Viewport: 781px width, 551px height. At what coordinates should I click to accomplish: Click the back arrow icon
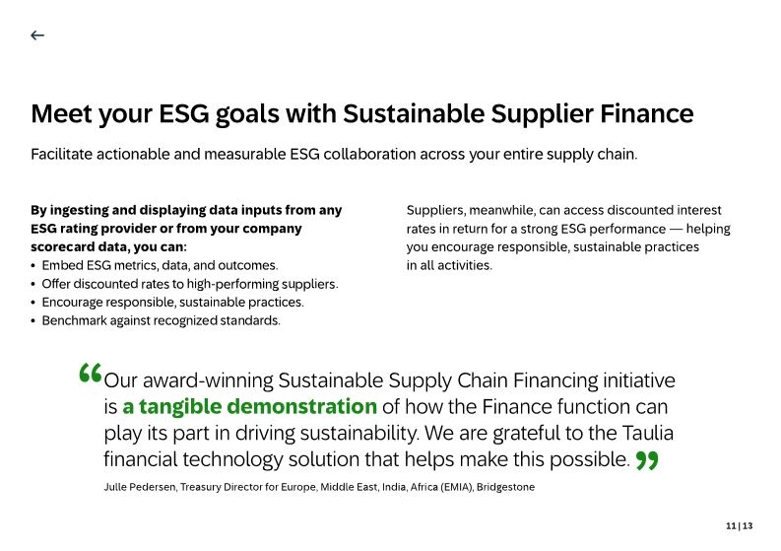(37, 35)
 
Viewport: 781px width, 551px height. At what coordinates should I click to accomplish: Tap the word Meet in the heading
(61, 113)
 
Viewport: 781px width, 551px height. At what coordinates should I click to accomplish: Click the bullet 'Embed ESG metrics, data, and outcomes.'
(160, 265)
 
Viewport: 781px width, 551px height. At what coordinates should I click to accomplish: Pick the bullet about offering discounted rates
(189, 284)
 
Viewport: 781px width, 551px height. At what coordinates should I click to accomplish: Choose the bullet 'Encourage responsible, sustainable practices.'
(172, 303)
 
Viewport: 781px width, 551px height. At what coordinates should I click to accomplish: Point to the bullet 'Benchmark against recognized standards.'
(161, 320)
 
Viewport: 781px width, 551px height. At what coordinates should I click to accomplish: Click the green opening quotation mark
(90, 376)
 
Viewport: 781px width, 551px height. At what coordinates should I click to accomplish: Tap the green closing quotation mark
(647, 461)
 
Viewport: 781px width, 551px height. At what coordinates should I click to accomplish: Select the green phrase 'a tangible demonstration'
(250, 406)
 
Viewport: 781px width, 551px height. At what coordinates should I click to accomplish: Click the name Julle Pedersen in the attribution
(139, 487)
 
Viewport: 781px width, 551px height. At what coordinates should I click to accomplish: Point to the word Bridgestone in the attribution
(505, 487)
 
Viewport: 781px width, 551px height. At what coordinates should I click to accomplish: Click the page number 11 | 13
(739, 526)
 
